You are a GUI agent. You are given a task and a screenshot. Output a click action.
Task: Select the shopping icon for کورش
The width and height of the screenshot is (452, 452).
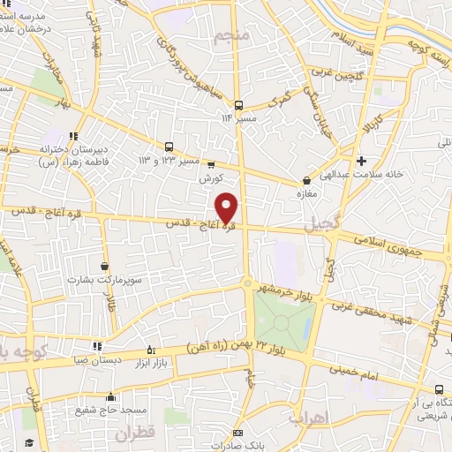210,163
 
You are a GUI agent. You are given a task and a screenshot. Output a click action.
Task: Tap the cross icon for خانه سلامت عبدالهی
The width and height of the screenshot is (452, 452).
362,161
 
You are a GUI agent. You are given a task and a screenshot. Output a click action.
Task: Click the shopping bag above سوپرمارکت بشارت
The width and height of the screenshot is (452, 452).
106,265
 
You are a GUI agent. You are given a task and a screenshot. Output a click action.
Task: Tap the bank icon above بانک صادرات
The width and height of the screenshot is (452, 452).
237,433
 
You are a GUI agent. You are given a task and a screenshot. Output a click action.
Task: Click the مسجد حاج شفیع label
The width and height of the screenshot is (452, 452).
110,410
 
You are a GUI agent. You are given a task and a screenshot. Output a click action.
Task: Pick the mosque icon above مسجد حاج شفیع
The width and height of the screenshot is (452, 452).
110,396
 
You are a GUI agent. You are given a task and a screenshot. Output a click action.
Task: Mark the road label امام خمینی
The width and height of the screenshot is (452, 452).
360,373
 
